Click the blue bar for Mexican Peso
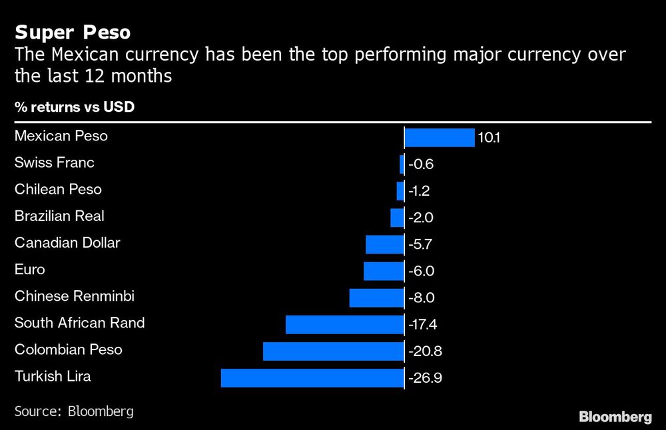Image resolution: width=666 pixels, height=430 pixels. (439, 138)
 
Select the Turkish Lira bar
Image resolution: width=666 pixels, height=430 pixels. (312, 378)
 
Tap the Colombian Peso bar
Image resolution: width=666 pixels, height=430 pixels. (334, 351)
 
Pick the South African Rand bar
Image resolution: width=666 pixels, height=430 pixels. (345, 325)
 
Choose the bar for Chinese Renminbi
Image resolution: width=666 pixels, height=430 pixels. (376, 298)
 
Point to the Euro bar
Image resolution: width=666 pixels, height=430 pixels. (384, 271)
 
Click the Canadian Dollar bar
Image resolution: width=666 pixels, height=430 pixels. (385, 244)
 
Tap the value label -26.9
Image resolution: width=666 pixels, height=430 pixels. (425, 379)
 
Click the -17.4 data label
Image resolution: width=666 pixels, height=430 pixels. (424, 325)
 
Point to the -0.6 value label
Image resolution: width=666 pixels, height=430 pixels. (421, 164)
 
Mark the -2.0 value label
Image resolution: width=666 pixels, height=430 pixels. (422, 218)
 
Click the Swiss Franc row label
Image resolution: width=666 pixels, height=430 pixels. (55, 163)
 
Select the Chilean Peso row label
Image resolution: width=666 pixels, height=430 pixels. (58, 190)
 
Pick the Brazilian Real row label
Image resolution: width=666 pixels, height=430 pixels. (59, 216)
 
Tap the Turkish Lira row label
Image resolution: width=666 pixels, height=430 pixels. (53, 377)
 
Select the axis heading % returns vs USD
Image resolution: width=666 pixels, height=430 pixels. (75, 107)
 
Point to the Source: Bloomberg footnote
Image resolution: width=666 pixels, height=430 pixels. (74, 411)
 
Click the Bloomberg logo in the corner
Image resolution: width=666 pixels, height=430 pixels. (615, 417)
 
